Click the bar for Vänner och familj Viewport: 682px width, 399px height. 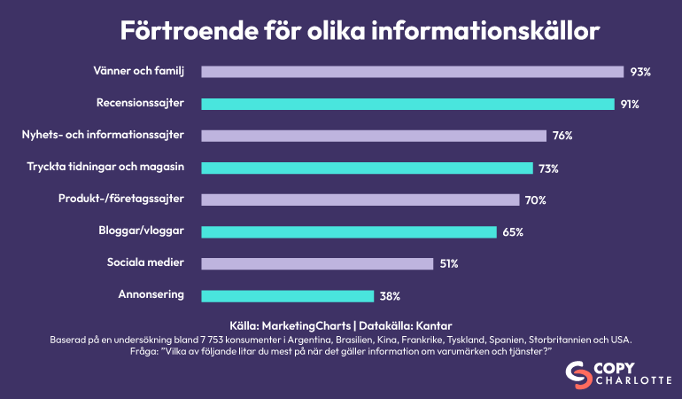click(x=412, y=72)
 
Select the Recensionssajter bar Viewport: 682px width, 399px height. click(x=407, y=104)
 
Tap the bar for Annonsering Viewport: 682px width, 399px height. click(x=288, y=295)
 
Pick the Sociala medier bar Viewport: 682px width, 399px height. click(x=317, y=263)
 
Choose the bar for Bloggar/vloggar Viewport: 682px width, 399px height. click(x=349, y=231)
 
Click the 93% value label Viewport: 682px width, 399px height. click(x=641, y=72)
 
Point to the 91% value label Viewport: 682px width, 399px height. click(x=630, y=104)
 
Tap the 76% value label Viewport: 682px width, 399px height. click(x=562, y=136)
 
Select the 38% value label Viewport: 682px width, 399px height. click(x=391, y=295)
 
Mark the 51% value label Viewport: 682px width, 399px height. click(x=450, y=263)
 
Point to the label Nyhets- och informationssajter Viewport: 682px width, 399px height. click(x=103, y=135)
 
